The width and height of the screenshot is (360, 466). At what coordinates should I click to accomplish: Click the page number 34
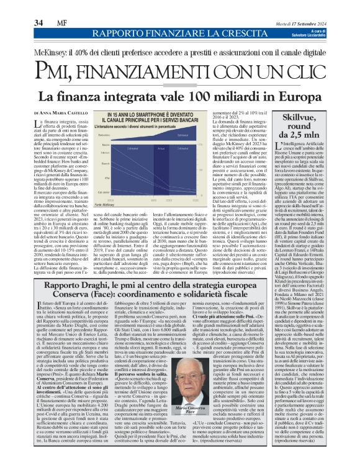(38, 23)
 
